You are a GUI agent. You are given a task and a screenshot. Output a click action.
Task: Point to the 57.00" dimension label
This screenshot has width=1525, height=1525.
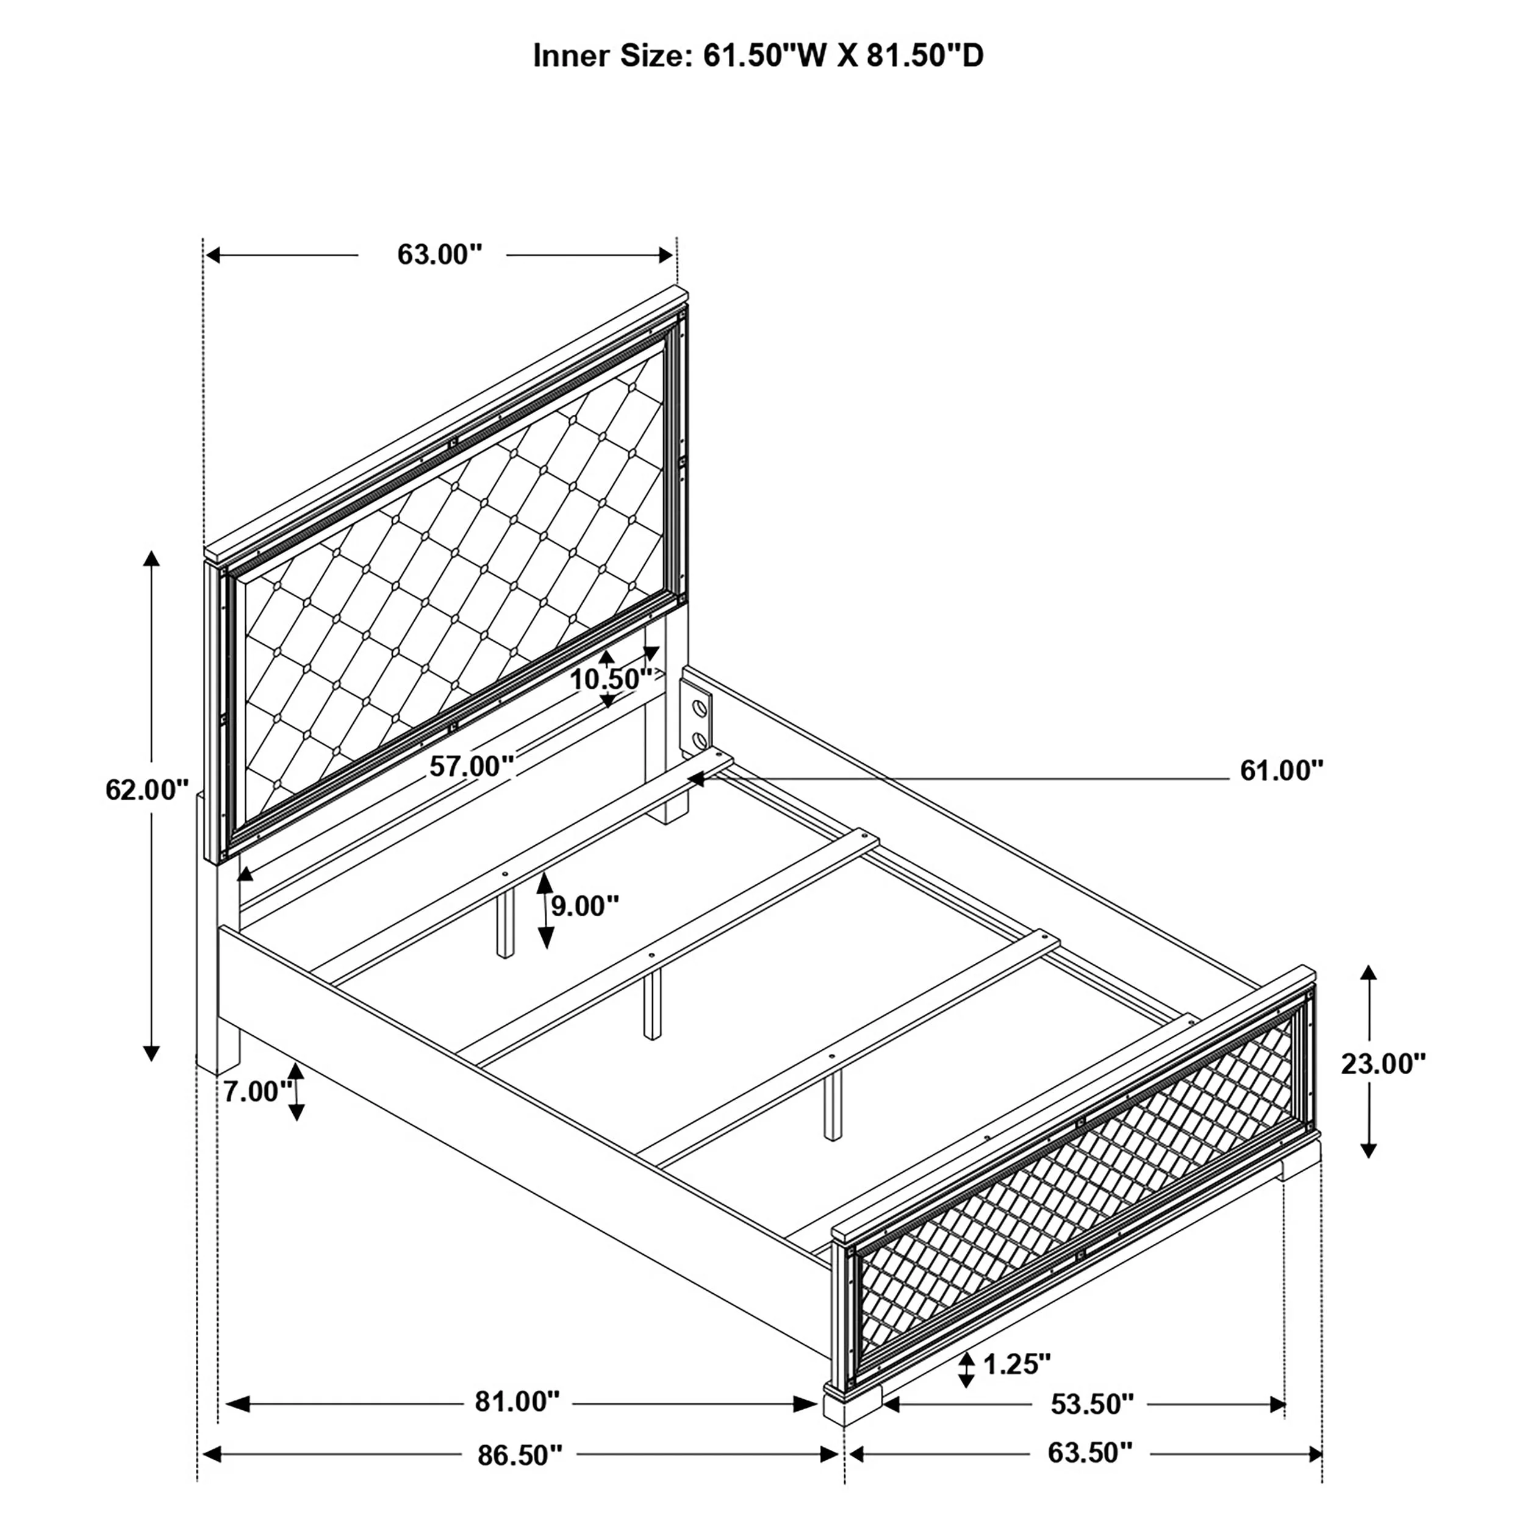[x=472, y=766]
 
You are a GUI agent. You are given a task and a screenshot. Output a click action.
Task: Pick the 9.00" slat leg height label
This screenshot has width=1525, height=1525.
[x=585, y=906]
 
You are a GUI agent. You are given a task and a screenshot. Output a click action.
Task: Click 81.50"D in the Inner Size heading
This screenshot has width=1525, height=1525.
[x=925, y=56]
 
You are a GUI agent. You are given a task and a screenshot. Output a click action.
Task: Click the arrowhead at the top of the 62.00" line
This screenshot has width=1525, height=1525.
[x=151, y=558]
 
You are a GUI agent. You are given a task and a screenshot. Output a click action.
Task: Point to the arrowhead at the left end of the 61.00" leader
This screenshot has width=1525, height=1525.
[x=696, y=779]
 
